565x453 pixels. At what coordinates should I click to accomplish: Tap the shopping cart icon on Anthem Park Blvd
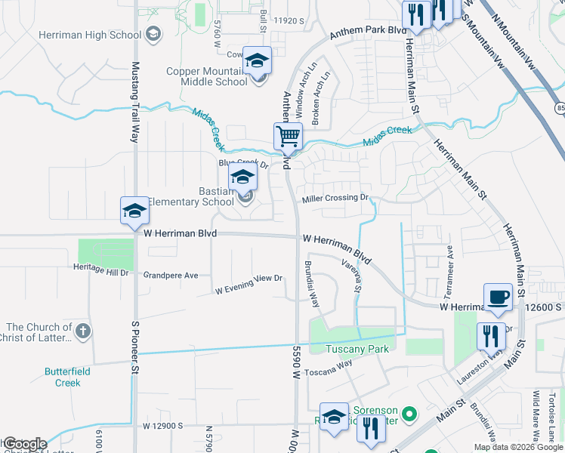point(288,137)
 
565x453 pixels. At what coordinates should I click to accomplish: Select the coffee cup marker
point(498,297)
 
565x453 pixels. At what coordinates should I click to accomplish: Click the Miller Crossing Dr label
point(335,199)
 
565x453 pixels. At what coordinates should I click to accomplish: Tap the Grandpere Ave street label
point(171,276)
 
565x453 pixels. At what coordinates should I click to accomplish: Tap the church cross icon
point(83,331)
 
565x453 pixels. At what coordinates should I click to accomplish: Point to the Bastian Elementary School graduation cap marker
point(242,177)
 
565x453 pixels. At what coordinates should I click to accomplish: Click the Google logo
point(24,444)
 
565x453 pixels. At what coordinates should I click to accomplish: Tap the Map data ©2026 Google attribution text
point(518,447)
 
